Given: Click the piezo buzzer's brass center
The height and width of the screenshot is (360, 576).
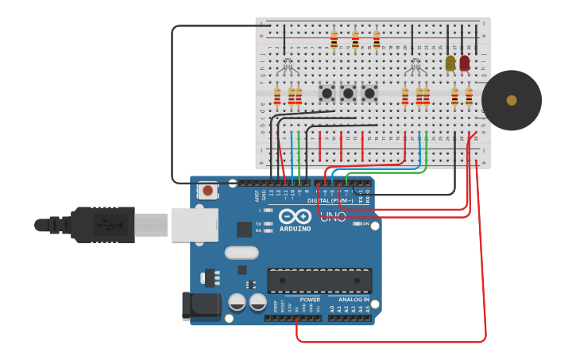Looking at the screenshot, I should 512,100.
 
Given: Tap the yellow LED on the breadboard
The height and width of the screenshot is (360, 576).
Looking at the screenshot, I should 450,63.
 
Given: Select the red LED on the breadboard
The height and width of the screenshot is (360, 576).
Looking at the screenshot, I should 465,63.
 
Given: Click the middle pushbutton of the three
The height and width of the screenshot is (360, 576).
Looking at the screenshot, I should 348,93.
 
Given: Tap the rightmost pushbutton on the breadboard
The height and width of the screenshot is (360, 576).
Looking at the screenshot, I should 369,93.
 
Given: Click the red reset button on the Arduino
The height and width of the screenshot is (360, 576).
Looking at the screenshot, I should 208,191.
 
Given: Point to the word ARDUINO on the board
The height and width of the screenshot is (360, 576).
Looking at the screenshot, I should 294,229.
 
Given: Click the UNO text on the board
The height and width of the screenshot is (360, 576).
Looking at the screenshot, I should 333,215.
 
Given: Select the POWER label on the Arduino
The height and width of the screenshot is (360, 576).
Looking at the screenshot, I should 310,300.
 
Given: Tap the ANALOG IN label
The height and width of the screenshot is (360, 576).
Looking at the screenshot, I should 354,300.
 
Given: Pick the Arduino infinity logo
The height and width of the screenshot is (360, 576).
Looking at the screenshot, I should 294,215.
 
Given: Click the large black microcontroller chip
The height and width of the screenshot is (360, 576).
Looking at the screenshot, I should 319,281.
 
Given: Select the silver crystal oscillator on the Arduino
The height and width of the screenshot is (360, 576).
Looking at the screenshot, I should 242,253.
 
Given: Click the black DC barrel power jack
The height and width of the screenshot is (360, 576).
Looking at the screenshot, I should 200,307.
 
